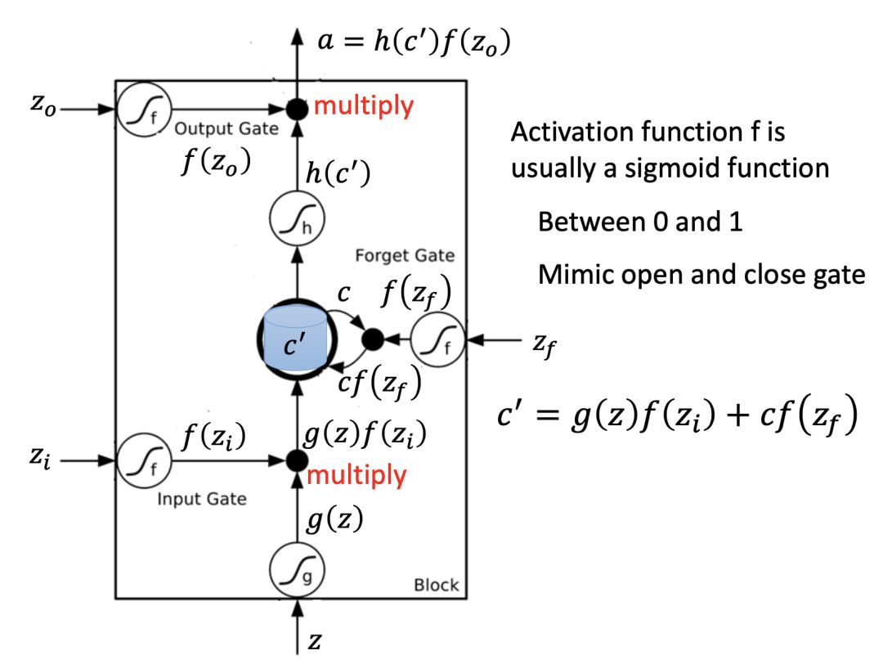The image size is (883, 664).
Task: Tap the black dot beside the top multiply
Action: tap(297, 109)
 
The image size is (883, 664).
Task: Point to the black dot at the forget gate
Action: tap(372, 339)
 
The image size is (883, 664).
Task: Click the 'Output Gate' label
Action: tap(226, 128)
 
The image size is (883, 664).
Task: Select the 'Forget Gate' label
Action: tap(405, 256)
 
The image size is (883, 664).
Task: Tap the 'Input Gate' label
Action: tap(202, 499)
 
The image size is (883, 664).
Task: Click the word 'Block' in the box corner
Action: tap(437, 585)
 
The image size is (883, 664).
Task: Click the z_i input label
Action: tap(40, 457)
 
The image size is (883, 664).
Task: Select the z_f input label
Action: tap(545, 343)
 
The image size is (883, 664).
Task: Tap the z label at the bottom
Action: tap(314, 641)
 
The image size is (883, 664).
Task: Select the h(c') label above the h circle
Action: tap(338, 173)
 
